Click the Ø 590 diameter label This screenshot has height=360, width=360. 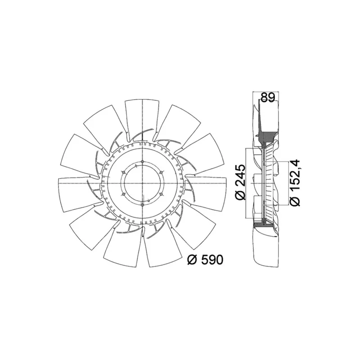tap(205, 260)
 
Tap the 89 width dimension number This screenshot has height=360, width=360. tap(268, 98)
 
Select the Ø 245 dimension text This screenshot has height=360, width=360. tap(241, 182)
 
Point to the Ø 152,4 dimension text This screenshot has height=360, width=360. tap(295, 182)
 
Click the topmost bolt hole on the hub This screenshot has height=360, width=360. tap(142, 162)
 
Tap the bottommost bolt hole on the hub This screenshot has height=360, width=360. tap(142, 204)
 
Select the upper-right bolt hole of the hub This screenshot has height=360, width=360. tap(161, 172)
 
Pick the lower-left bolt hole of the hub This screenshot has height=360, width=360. tap(124, 194)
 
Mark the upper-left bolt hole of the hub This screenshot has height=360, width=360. tap(124, 172)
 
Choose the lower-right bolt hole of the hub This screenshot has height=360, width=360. tap(161, 194)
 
